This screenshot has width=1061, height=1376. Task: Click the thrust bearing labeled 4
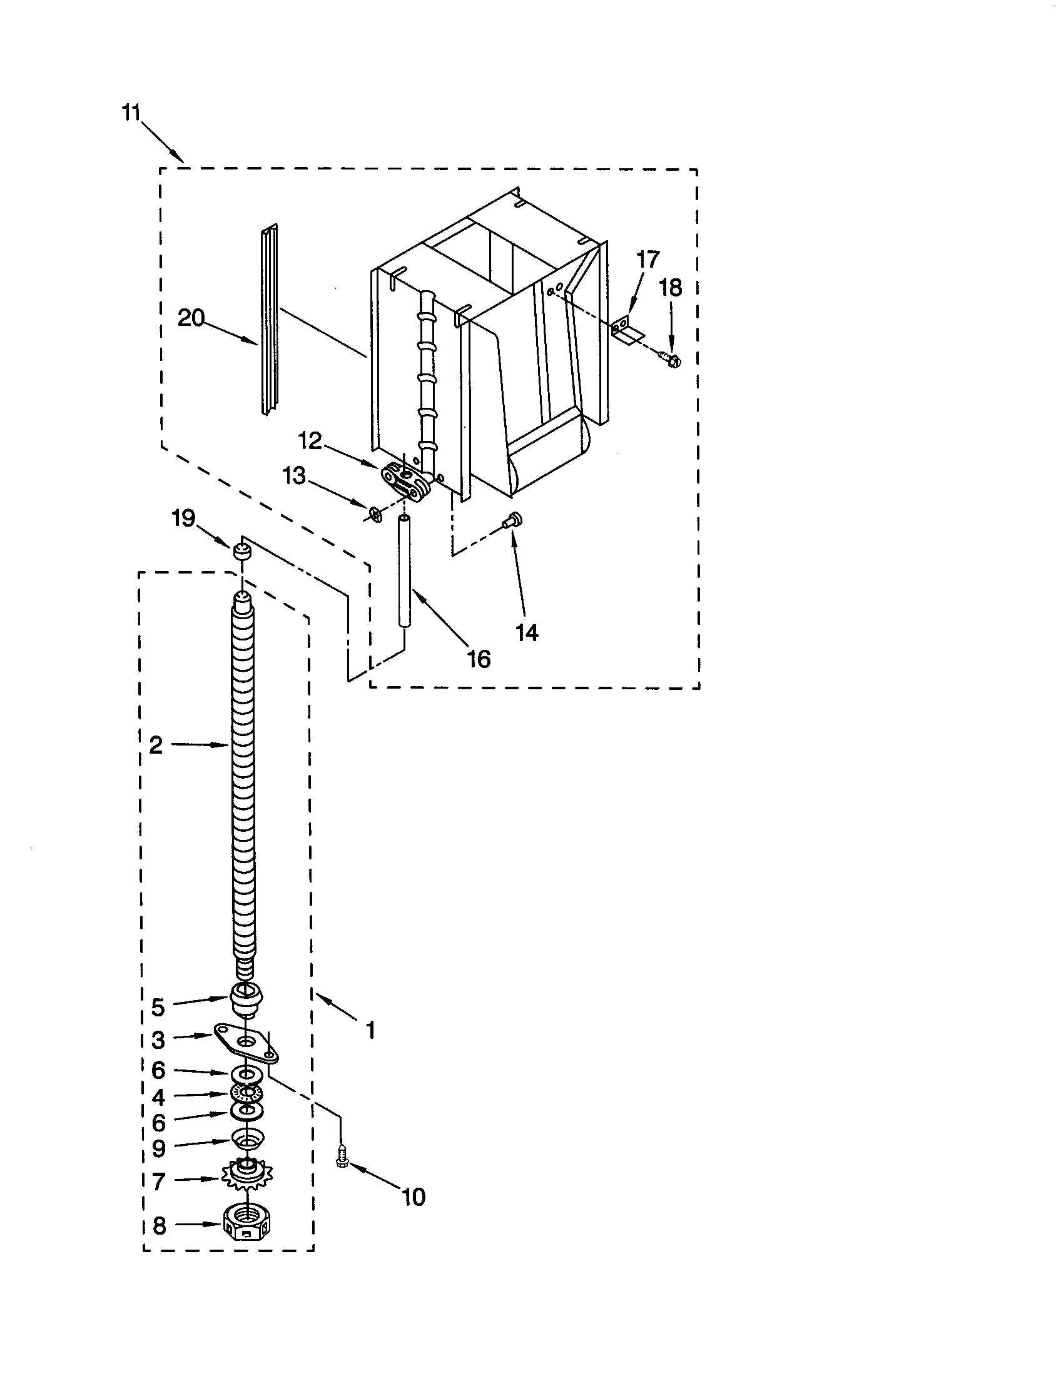[x=247, y=1092]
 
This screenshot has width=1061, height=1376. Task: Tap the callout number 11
[x=131, y=113]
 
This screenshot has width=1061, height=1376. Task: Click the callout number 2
[x=156, y=746]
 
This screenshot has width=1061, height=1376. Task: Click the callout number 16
[x=478, y=659]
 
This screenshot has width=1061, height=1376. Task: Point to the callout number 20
[x=190, y=318]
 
